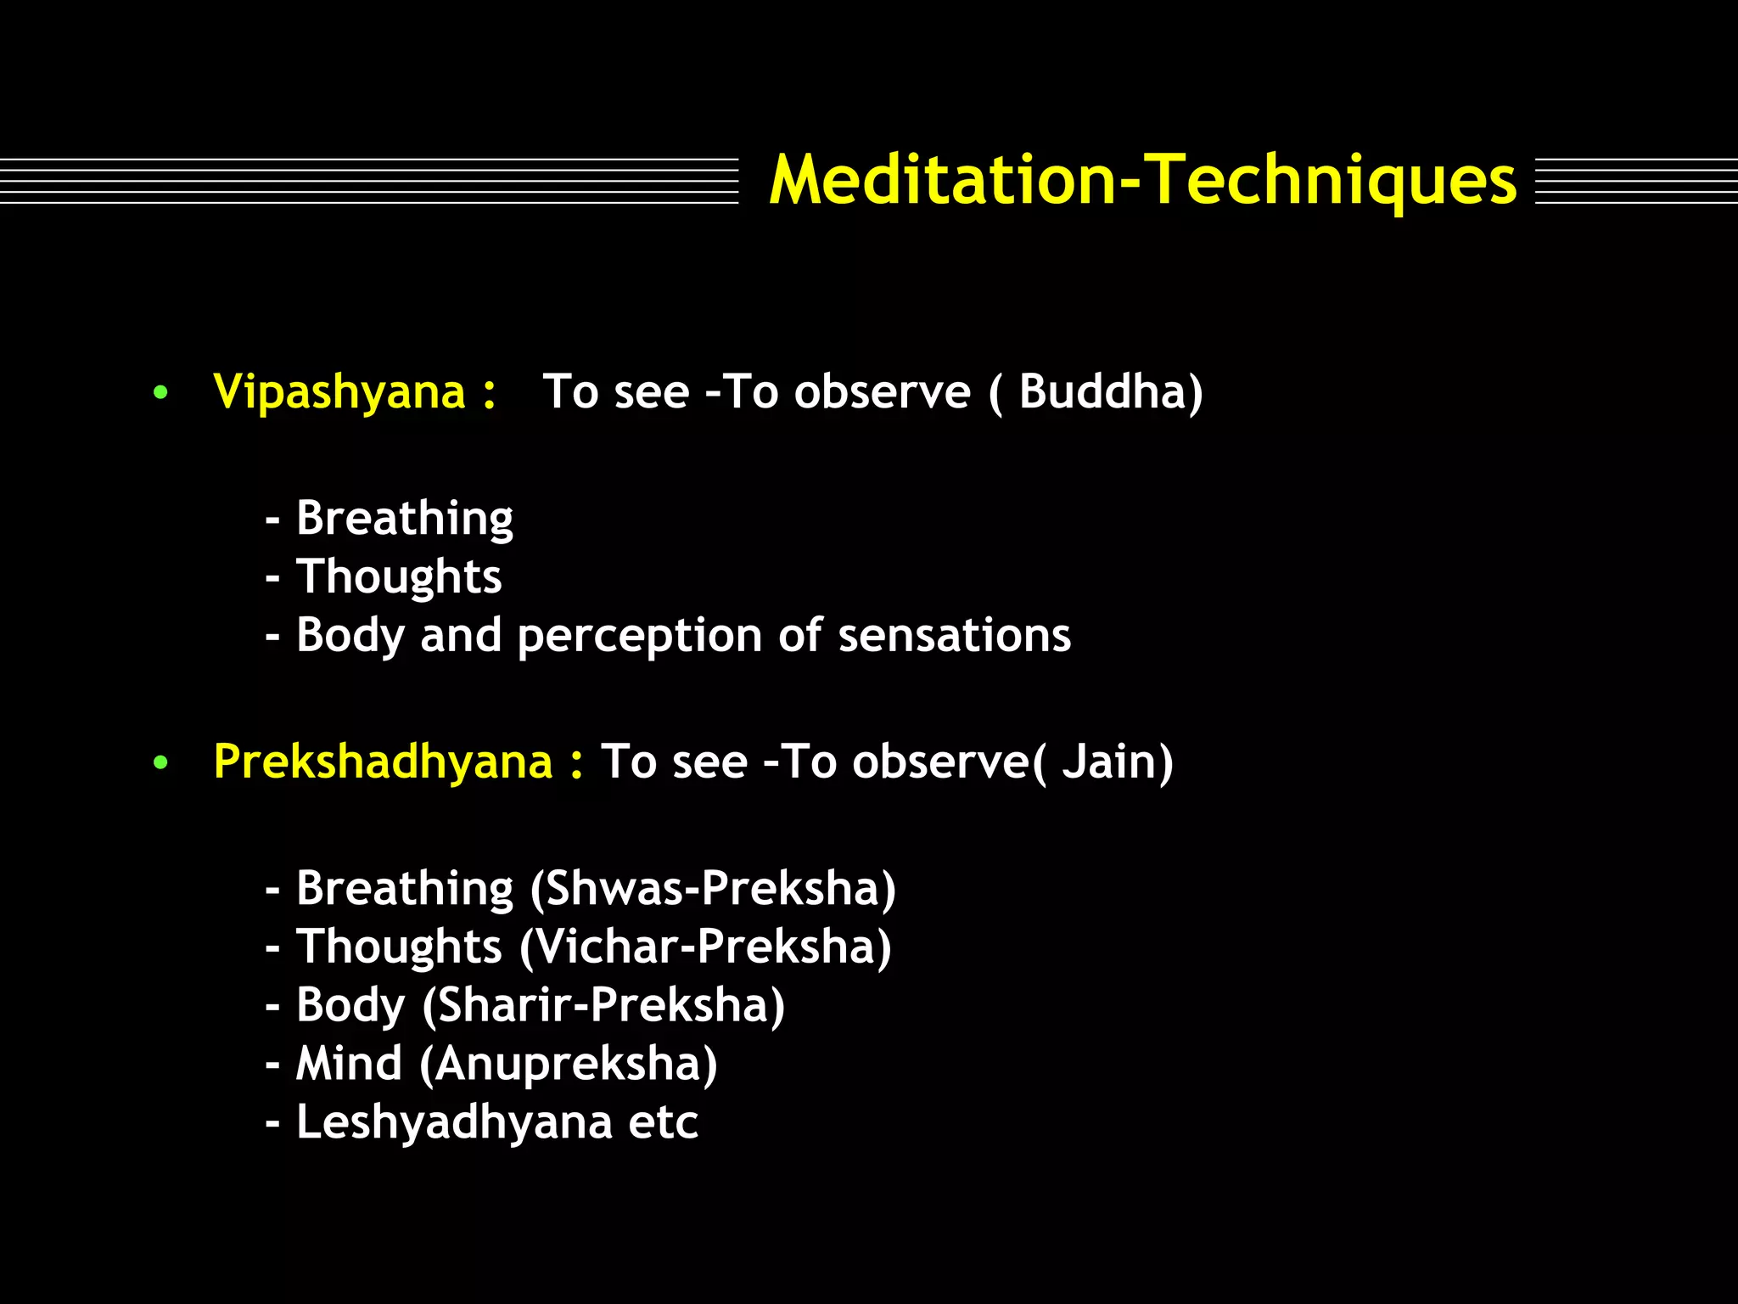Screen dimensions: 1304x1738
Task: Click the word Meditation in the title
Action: point(942,181)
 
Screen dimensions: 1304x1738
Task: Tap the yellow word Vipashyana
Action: point(339,393)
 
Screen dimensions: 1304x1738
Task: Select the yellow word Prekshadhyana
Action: point(383,762)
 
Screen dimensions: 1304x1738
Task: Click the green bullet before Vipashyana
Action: point(160,394)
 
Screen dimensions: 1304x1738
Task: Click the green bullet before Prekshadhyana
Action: point(160,763)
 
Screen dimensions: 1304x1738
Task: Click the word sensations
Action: point(954,636)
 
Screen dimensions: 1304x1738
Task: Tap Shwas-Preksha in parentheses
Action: point(713,889)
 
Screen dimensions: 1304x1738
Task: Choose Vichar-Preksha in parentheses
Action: point(705,947)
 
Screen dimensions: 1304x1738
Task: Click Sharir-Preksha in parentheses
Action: point(603,1006)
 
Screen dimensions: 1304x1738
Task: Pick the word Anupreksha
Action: point(569,1065)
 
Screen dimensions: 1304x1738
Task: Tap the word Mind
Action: point(349,1064)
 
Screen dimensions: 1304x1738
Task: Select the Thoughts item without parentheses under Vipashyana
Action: point(399,577)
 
